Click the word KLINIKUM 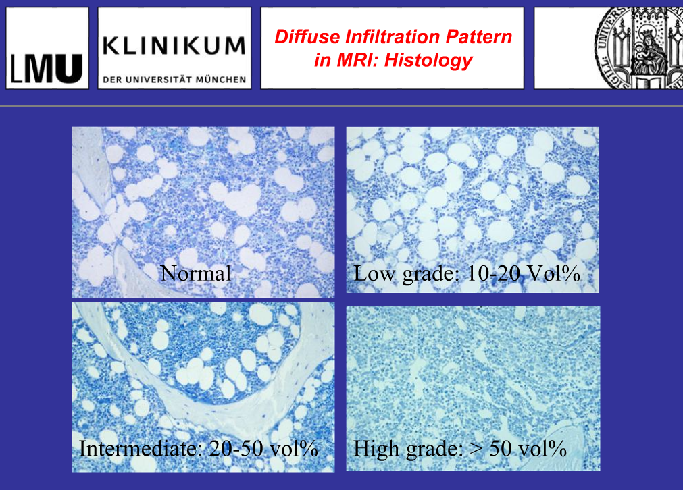click(174, 46)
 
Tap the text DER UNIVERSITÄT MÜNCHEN click(174, 79)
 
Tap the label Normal click(196, 273)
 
